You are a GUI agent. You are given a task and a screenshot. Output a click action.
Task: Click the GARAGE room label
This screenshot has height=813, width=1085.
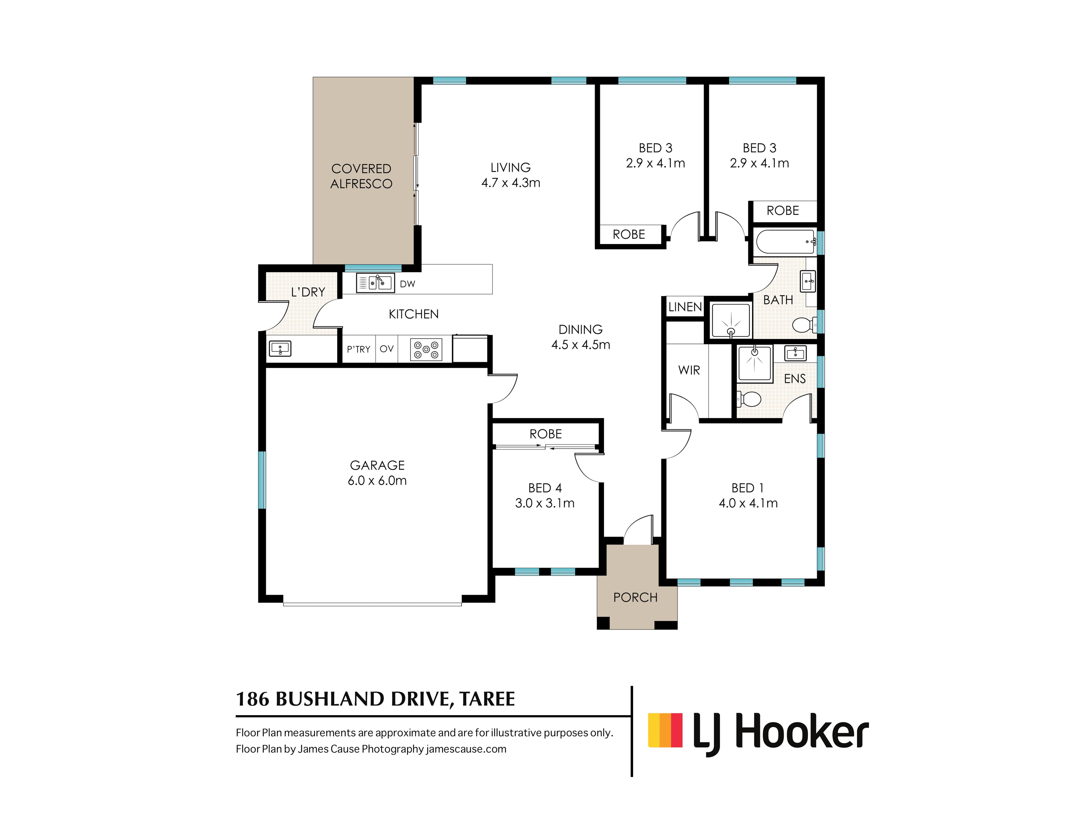point(377,465)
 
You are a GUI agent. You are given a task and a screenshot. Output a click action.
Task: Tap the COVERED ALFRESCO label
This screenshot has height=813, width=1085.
point(362,176)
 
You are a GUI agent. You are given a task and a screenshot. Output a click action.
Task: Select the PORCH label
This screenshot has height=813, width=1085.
point(635,597)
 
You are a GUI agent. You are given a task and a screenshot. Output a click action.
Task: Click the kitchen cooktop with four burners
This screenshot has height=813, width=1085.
point(426,349)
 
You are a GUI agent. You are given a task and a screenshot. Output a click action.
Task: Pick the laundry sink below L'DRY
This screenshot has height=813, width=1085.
point(280,349)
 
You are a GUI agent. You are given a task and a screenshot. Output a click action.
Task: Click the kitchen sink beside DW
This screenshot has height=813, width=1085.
point(375,283)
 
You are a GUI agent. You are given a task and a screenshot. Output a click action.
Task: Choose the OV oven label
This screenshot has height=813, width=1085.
point(387,349)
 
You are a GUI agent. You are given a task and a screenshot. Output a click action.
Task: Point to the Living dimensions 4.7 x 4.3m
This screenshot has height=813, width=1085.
point(510,183)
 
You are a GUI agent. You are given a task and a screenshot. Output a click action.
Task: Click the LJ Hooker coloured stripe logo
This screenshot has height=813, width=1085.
point(665,730)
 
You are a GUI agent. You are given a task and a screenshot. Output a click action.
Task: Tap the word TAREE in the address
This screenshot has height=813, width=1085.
point(487,699)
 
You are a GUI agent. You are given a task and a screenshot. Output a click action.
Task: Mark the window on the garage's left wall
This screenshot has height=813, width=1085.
point(262,480)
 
